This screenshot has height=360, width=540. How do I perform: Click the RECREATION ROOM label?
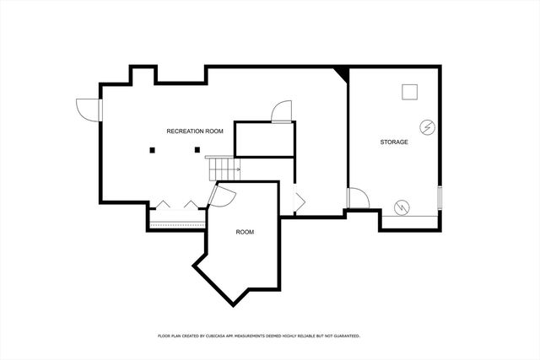(x=194, y=131)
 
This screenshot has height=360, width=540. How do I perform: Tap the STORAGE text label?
(x=393, y=142)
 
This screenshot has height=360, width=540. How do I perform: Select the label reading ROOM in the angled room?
(x=245, y=232)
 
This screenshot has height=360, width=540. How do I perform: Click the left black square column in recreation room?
(x=153, y=151)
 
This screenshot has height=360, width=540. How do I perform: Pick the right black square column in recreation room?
(x=197, y=151)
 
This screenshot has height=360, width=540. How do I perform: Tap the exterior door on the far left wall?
(x=86, y=109)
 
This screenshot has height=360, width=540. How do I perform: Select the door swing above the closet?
(x=282, y=111)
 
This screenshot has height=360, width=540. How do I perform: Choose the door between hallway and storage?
(x=359, y=199)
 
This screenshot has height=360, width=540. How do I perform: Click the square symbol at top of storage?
(x=411, y=92)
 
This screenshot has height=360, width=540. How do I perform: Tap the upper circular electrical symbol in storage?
(x=429, y=127)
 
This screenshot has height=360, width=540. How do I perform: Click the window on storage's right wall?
(x=439, y=197)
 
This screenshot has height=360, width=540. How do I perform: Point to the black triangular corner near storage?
(x=341, y=73)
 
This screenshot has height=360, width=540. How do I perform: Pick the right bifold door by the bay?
(x=194, y=205)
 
